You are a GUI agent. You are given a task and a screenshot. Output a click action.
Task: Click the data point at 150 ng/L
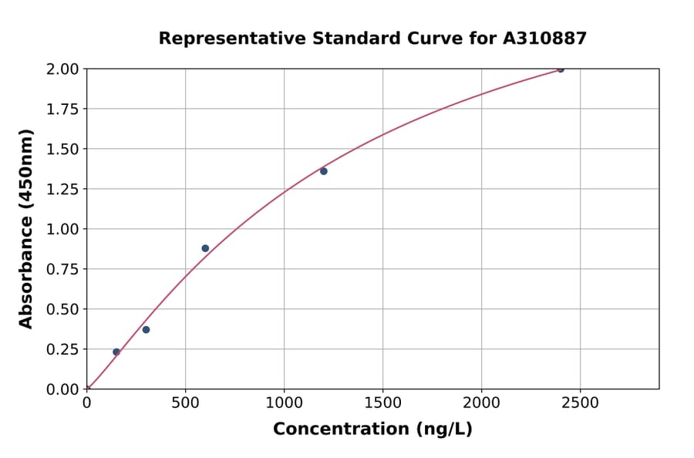click(116, 352)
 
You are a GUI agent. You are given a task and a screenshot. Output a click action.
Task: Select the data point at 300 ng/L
click(146, 330)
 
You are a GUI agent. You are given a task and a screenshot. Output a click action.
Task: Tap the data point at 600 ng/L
click(205, 248)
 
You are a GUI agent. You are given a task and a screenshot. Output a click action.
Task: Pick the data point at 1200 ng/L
click(324, 171)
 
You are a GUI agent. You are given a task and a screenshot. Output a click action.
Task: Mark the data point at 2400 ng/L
click(561, 69)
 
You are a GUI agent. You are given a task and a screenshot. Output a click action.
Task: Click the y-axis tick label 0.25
click(62, 349)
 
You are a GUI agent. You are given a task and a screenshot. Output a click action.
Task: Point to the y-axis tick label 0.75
click(62, 269)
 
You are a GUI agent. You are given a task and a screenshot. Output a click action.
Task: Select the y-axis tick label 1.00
click(62, 229)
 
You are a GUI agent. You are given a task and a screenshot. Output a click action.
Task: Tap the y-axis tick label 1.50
click(62, 149)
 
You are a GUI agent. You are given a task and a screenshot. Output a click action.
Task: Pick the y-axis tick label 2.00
click(62, 69)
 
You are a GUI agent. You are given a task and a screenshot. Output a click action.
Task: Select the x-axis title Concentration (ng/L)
click(372, 429)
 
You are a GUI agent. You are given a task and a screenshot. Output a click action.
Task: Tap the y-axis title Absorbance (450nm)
click(26, 229)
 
